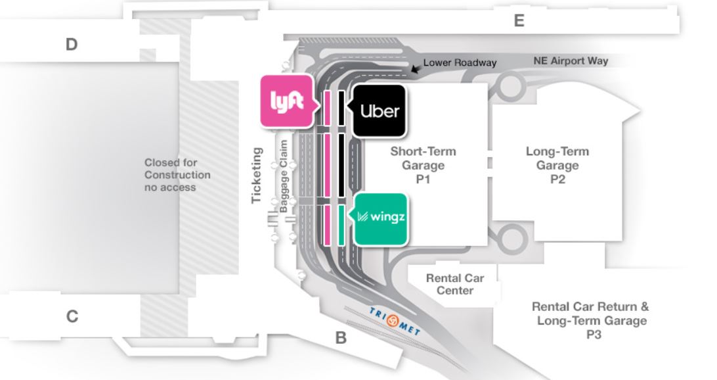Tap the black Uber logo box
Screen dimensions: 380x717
coord(379,110)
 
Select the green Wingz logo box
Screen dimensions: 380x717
coord(380,218)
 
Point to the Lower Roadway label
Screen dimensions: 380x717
coord(460,62)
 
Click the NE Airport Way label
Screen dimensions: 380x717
coord(570,61)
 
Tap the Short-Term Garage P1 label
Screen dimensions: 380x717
coord(423,164)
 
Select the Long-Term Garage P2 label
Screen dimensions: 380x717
coord(557,164)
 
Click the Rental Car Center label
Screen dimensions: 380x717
coord(454,284)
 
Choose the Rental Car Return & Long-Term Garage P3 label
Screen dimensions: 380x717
coord(591,320)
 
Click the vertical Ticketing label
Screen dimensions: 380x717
coord(257,176)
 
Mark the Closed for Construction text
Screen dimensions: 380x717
coord(177,175)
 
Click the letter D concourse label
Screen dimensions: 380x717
coord(72,45)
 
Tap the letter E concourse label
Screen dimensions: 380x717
coord(519,21)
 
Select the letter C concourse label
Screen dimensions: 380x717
coord(72,316)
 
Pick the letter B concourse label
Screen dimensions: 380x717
coord(341,339)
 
